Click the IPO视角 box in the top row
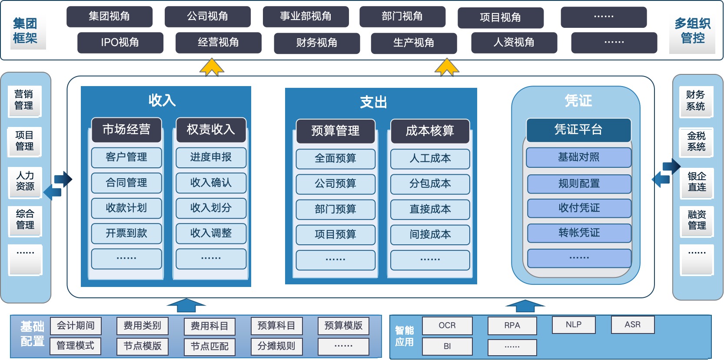120,43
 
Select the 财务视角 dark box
317,43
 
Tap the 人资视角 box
514,43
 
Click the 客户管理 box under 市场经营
126,157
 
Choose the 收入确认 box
211,183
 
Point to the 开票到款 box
126,233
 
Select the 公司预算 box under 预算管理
335,184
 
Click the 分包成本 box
430,184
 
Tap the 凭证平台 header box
578,130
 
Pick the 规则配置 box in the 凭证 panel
579,184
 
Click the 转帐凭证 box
579,233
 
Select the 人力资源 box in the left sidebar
25,181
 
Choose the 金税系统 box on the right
696,142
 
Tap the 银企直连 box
697,182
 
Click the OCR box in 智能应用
447,326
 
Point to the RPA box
512,326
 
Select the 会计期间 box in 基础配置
76,326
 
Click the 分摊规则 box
276,346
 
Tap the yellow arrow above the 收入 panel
212,68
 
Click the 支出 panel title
373,103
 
